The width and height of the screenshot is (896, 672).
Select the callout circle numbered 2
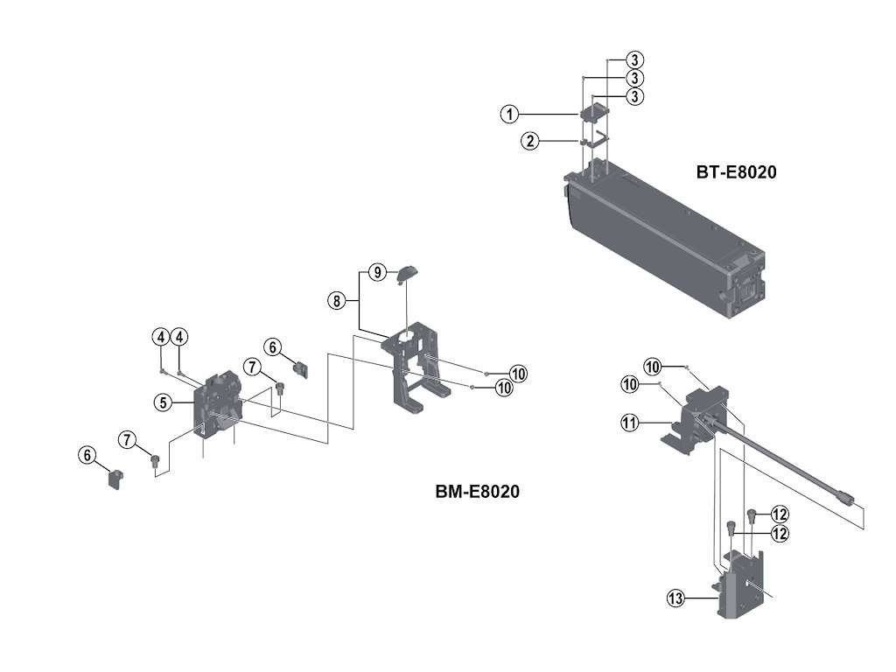click(x=529, y=141)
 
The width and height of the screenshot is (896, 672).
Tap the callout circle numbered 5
click(x=164, y=402)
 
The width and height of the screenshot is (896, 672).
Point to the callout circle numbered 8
click(x=337, y=301)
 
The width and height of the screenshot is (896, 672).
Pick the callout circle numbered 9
click(x=376, y=272)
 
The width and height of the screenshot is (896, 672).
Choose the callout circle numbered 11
click(x=629, y=423)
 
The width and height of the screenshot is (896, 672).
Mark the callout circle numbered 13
click(x=675, y=598)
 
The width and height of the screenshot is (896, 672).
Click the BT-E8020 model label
click(x=736, y=172)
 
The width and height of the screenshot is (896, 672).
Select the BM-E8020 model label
click(x=478, y=492)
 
